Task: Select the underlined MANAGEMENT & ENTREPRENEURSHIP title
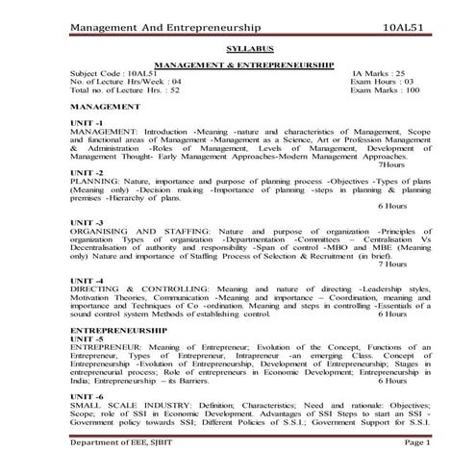tap(243, 64)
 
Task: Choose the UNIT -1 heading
tap(88, 123)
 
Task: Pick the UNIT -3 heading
tap(88, 224)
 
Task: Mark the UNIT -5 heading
tap(88, 340)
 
